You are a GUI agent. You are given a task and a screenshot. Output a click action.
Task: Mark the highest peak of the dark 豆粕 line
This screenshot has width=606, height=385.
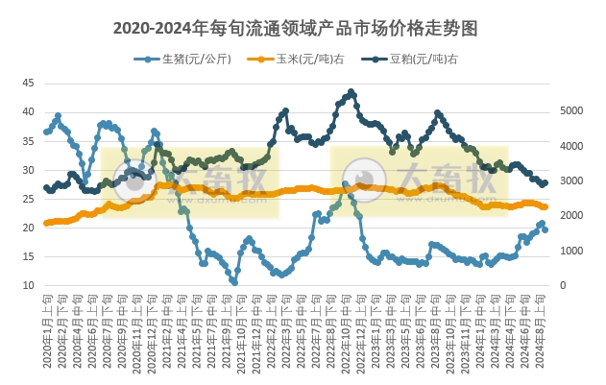tap(351, 92)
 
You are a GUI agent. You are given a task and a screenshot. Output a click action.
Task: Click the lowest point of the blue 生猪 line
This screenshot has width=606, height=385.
tap(234, 282)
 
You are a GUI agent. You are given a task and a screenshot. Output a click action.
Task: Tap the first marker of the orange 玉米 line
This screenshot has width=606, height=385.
tap(46, 224)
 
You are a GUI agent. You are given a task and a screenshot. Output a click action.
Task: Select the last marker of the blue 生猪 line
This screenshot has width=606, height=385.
tap(545, 229)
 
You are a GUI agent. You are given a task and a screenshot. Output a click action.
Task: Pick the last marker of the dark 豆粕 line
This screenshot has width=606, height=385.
tap(545, 182)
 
